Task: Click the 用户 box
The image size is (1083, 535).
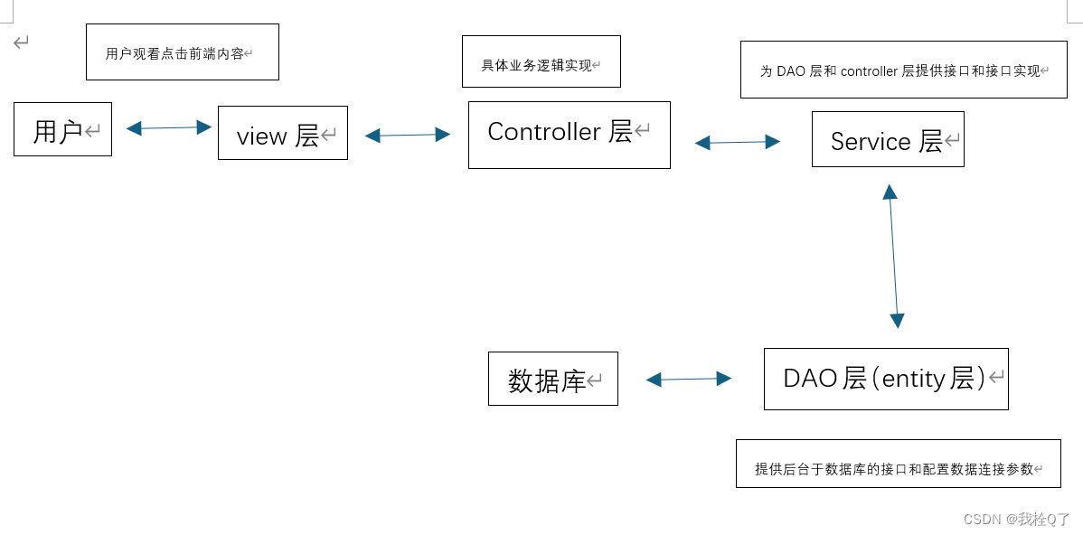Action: click(x=62, y=129)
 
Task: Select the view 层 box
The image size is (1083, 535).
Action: click(x=282, y=133)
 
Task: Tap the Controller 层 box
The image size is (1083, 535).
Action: click(x=569, y=135)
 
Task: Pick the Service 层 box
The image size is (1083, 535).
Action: click(x=887, y=139)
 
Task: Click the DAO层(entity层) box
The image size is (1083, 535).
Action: click(x=885, y=379)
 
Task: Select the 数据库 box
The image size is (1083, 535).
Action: click(x=552, y=379)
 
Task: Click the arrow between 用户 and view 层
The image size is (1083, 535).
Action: click(x=168, y=128)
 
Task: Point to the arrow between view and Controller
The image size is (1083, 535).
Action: click(x=407, y=135)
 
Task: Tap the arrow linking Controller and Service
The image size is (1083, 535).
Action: click(x=737, y=142)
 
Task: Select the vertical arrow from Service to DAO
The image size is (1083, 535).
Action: click(x=893, y=256)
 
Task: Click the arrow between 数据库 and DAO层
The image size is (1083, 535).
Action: click(x=689, y=379)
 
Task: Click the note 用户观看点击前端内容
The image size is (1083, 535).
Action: click(x=182, y=52)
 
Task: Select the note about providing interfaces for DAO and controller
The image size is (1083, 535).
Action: click(x=903, y=70)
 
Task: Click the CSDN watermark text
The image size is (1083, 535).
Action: click(x=1016, y=519)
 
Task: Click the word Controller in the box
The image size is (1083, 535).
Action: click(x=544, y=132)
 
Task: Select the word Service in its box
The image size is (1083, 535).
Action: click(x=871, y=141)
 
